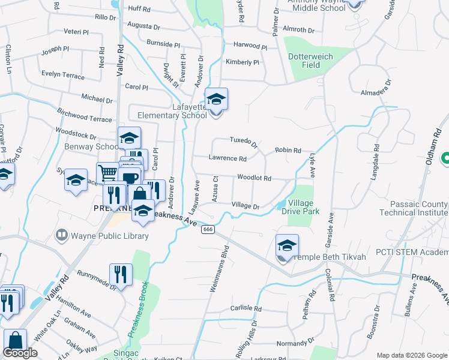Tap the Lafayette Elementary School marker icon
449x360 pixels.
click(x=216, y=99)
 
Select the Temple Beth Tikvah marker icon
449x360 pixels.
click(x=288, y=245)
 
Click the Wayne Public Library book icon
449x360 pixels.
click(x=61, y=236)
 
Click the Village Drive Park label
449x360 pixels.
click(x=312, y=207)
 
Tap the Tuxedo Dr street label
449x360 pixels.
click(x=243, y=142)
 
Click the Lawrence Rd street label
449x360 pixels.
click(x=228, y=159)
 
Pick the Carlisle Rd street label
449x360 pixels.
click(x=246, y=309)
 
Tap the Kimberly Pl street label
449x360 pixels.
click(x=242, y=62)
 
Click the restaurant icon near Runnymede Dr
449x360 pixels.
click(x=120, y=274)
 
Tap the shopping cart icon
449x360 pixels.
click(x=107, y=172)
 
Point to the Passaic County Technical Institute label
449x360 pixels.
click(x=414, y=208)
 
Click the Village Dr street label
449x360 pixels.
click(x=245, y=206)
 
